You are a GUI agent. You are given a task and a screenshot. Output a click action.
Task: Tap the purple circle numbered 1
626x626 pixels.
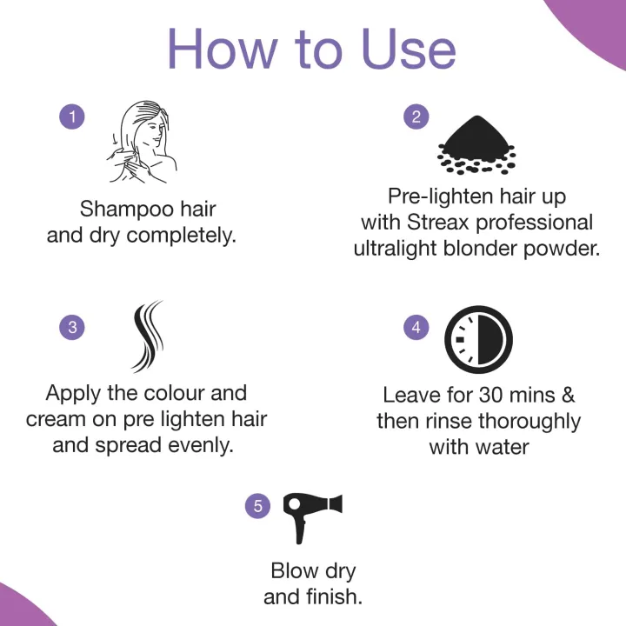(x=72, y=117)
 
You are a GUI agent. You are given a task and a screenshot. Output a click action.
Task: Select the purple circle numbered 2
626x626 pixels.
(x=416, y=117)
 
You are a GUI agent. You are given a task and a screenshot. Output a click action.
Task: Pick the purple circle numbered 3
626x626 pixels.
(x=72, y=327)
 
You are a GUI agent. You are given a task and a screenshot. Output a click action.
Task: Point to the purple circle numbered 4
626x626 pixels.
(x=416, y=327)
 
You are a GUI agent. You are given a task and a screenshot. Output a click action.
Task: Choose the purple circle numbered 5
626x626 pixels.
(x=258, y=506)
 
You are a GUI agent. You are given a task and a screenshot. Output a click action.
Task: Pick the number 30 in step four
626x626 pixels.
(x=489, y=395)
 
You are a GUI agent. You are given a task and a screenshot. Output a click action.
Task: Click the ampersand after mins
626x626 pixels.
(x=567, y=395)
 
